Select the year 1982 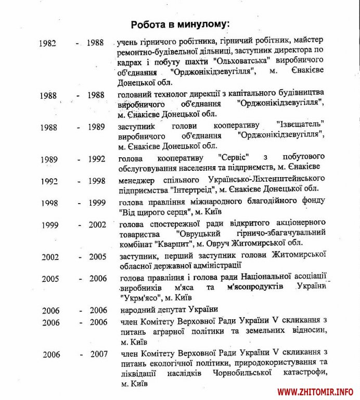[x=49, y=43]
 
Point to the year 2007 [x=98, y=354]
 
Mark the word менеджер [x=135, y=179]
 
